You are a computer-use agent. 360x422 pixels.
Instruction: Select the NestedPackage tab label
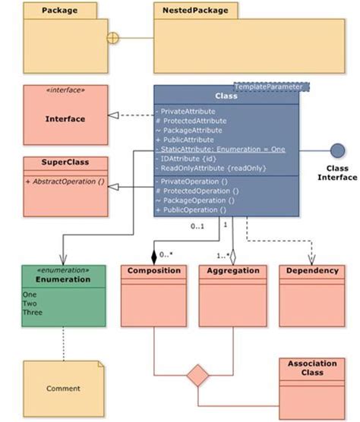click(187, 11)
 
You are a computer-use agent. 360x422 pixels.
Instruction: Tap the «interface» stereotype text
click(65, 90)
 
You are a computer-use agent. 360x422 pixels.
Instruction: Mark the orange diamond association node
click(197, 375)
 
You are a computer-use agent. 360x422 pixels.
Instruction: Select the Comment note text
click(63, 389)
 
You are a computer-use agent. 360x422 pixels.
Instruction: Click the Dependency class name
click(311, 270)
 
